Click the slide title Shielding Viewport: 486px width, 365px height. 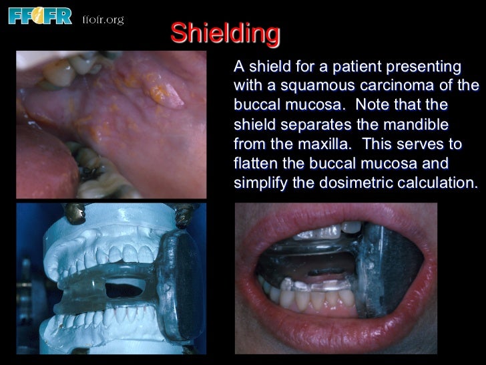(x=225, y=33)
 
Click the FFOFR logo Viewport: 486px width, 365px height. (x=39, y=15)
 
